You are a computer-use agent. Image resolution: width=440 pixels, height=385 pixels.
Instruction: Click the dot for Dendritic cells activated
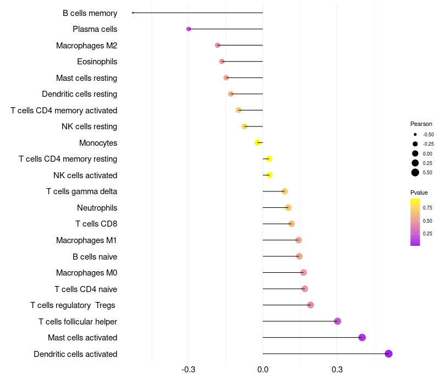click(388, 354)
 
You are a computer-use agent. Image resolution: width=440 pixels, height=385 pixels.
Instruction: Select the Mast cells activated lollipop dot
click(362, 337)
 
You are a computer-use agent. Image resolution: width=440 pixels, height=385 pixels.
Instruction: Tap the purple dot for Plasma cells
click(189, 29)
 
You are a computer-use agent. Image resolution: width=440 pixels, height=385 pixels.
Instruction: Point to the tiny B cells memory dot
click(133, 13)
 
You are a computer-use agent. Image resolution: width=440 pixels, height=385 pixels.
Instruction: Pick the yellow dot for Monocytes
click(257, 142)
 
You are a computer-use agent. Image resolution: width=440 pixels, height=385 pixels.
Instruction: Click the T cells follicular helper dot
click(337, 321)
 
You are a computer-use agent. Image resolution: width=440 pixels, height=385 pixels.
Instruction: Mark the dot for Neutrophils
click(288, 207)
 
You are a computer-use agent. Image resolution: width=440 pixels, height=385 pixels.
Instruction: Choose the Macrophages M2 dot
click(217, 45)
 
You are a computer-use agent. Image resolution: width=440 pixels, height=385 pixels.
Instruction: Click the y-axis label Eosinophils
click(97, 62)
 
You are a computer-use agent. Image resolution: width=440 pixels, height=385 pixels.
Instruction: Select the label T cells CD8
click(96, 224)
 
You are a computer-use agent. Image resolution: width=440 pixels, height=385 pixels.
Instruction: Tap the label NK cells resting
click(89, 127)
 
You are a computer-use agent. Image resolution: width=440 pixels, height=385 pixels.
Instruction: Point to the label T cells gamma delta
click(81, 191)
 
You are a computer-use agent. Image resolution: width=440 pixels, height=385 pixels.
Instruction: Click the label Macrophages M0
click(86, 273)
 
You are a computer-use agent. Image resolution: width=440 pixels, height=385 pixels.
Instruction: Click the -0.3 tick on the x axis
click(189, 370)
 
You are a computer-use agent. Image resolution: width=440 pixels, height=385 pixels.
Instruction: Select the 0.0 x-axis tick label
click(263, 370)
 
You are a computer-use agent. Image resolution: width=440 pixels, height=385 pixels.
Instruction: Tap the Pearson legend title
click(421, 124)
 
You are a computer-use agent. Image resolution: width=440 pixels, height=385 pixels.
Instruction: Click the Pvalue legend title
click(419, 193)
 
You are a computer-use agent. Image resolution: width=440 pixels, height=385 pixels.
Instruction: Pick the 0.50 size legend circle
click(415, 173)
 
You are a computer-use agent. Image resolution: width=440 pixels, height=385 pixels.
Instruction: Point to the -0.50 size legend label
click(428, 135)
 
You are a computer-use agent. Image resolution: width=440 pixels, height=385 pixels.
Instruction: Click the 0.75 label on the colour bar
click(427, 208)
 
